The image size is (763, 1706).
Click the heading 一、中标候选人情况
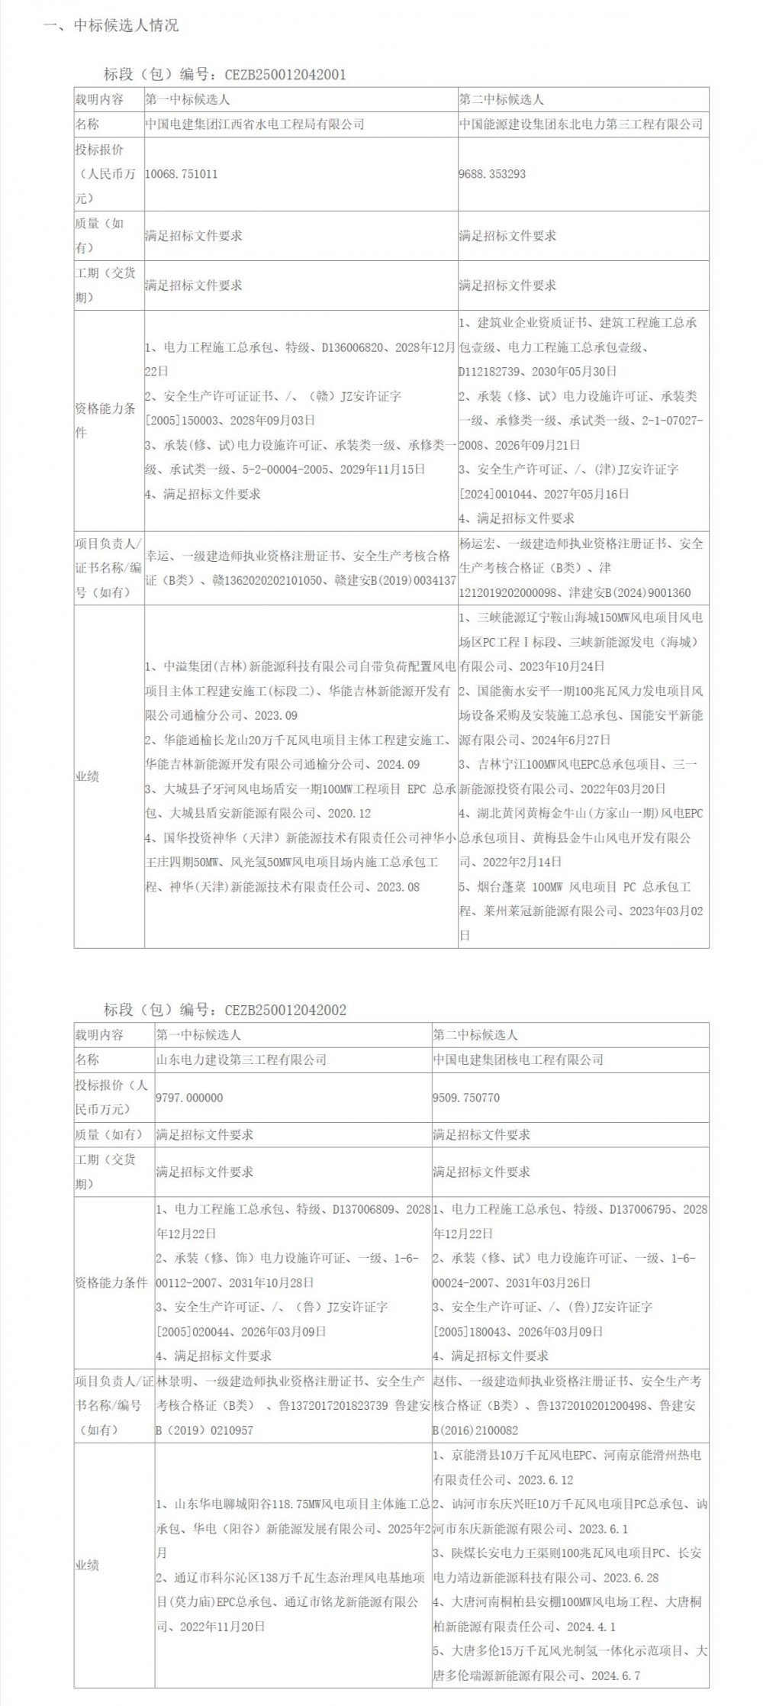pyautogui.click(x=111, y=25)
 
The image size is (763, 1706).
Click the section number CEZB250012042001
pyautogui.click(x=285, y=75)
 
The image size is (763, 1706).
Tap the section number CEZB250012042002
pyautogui.click(x=285, y=1010)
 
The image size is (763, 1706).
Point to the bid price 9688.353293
pyautogui.click(x=492, y=174)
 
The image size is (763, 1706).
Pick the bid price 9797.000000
pyautogui.click(x=189, y=1098)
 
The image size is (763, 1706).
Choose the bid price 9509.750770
pyautogui.click(x=467, y=1098)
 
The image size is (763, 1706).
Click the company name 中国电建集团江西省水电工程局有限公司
pyautogui.click(x=255, y=124)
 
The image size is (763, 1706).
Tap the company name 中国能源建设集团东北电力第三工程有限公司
pyautogui.click(x=581, y=124)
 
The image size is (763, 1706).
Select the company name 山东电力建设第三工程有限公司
pyautogui.click(x=241, y=1059)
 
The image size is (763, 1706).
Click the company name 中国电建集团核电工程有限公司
pyautogui.click(x=518, y=1059)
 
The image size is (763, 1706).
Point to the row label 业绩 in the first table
pyautogui.click(x=87, y=776)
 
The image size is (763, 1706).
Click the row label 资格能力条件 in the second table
pyautogui.click(x=111, y=1282)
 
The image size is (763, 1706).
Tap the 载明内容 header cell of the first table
pyautogui.click(x=98, y=99)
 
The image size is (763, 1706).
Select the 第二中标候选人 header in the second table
pyautogui.click(x=475, y=1035)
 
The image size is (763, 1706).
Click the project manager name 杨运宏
pyautogui.click(x=477, y=543)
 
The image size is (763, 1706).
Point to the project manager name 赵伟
pyautogui.click(x=445, y=1381)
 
